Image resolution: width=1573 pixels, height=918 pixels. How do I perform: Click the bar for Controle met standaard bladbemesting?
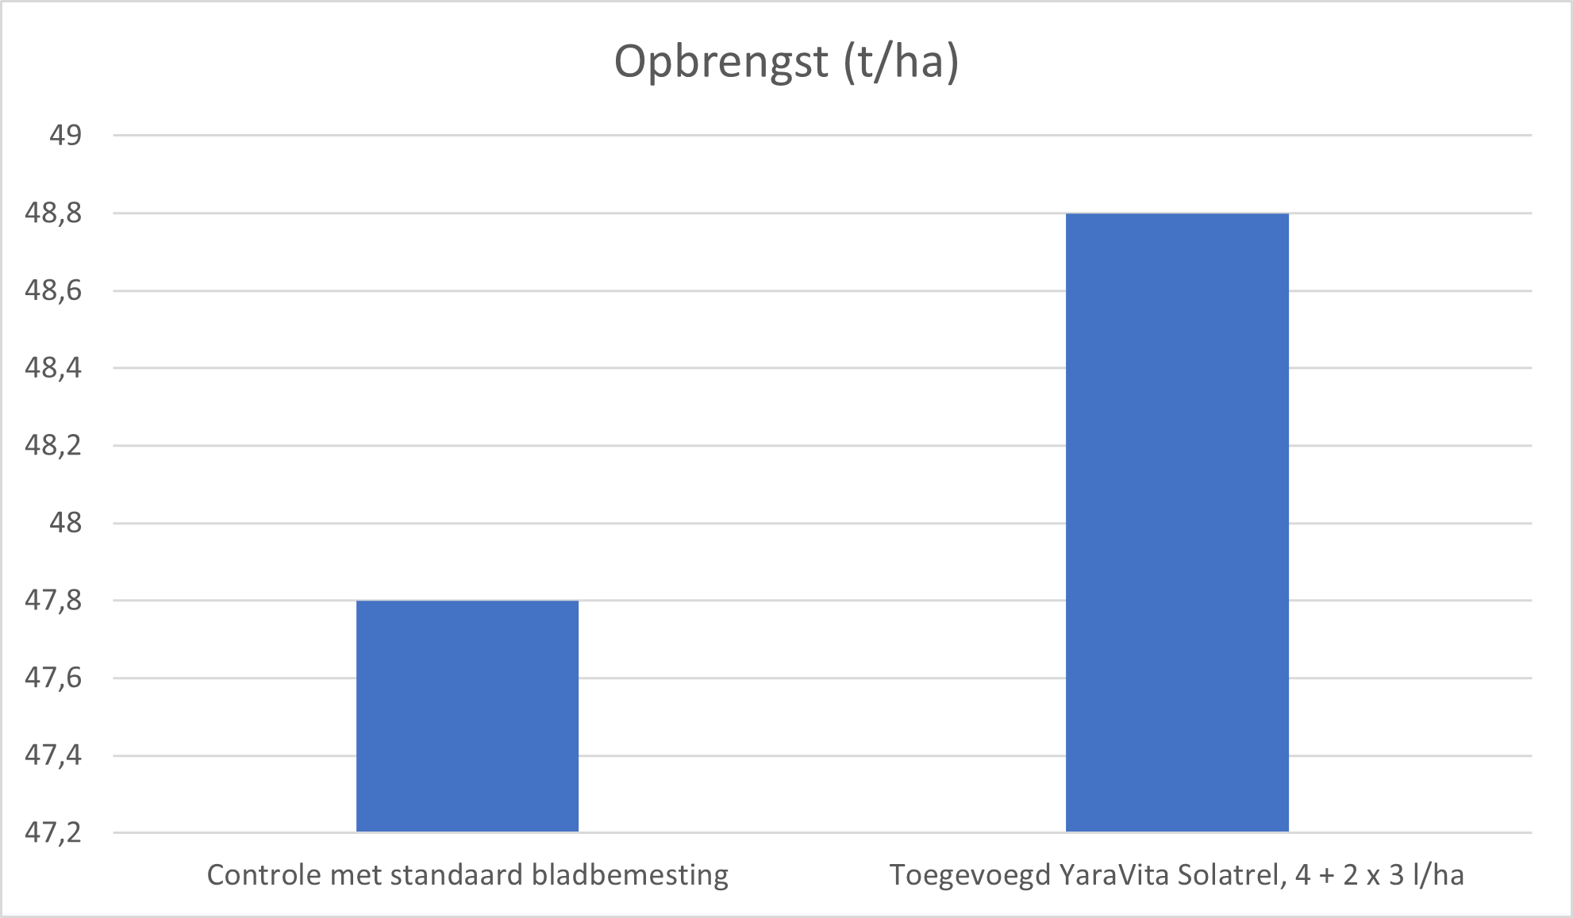(467, 716)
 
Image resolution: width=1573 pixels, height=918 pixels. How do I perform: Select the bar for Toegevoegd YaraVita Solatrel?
(1177, 522)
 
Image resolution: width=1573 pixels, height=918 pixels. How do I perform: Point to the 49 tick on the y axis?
(65, 136)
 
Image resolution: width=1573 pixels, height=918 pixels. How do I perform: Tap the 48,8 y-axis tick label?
(53, 213)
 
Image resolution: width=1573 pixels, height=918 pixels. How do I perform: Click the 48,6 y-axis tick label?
(53, 290)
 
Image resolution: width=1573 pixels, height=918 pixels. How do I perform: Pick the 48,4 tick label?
(53, 368)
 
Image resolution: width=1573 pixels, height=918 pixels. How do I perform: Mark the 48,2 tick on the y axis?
(53, 445)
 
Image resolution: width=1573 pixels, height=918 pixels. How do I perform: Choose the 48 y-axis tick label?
(65, 523)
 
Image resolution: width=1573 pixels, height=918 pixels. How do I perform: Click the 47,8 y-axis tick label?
(53, 601)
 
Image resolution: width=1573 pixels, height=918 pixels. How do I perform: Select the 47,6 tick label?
(53, 678)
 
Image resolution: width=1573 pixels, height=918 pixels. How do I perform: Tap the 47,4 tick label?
(53, 755)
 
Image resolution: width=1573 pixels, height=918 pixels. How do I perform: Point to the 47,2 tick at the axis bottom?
(53, 832)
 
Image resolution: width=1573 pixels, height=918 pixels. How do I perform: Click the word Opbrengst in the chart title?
(721, 62)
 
